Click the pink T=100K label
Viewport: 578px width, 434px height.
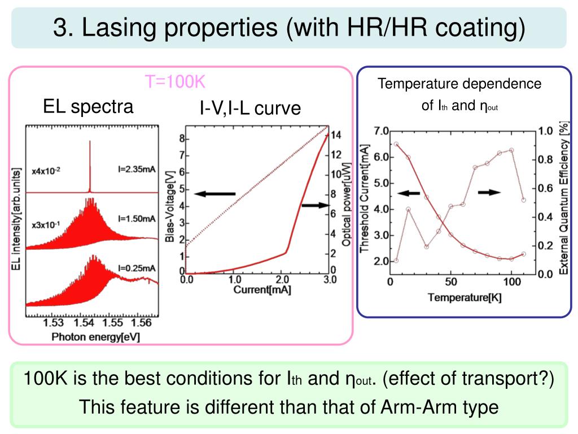pos(175,83)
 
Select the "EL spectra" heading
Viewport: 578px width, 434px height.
pos(88,106)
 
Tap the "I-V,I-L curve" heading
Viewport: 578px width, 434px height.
pos(250,108)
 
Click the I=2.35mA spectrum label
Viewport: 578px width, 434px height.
pos(137,168)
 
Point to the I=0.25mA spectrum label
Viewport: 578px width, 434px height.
pos(137,267)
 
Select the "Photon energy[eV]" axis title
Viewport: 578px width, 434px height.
pos(95,337)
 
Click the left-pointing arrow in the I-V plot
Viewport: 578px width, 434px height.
pos(214,194)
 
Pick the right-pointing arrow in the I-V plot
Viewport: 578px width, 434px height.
pos(314,205)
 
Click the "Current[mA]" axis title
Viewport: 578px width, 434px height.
pos(258,290)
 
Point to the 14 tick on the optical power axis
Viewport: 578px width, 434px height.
pos(336,134)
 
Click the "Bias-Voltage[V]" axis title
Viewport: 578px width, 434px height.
pos(170,208)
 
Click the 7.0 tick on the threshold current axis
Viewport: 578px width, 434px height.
pos(380,131)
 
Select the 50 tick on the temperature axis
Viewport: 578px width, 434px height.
pos(450,281)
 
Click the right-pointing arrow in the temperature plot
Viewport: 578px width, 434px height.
pos(489,193)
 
